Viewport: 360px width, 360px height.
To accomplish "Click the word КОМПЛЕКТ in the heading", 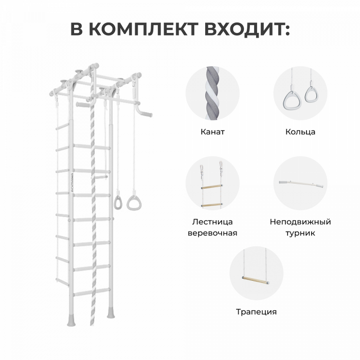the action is tap(144, 29).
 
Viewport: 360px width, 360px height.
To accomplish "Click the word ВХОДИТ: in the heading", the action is tap(247, 29).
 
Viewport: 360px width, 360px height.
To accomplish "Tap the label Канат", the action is tap(212, 132).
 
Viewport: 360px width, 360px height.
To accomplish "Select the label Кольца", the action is tap(300, 132).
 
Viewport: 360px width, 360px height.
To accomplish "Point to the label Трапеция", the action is tap(257, 312).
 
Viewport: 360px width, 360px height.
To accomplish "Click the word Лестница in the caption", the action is tap(212, 222).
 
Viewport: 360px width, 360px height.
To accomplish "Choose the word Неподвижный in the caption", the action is tap(300, 222).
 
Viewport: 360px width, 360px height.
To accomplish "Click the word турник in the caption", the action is tap(300, 233).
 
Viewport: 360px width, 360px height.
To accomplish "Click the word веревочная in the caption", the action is tap(212, 233).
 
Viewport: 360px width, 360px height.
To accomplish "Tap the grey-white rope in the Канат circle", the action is tap(212, 93).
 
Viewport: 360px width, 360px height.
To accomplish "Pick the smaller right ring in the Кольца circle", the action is tap(311, 95).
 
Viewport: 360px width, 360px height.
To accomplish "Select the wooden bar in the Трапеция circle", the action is tap(257, 280).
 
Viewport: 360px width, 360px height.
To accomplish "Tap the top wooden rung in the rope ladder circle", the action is tap(211, 187).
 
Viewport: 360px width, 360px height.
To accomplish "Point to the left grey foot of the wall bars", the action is tap(71, 319).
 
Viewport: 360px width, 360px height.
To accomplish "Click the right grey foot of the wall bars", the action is tap(111, 312).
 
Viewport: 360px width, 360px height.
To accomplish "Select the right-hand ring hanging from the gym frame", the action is tap(134, 203).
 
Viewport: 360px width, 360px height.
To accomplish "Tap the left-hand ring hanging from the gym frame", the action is tap(118, 202).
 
